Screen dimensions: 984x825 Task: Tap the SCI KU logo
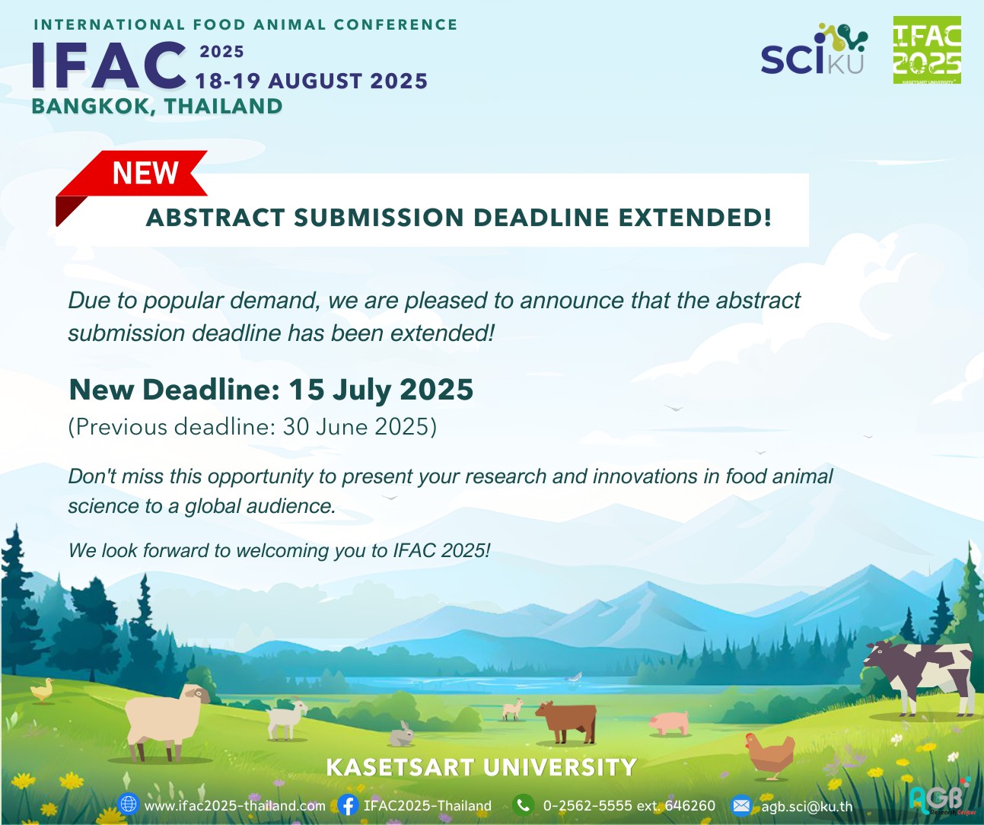(814, 49)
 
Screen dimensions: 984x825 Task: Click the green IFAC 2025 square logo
(927, 50)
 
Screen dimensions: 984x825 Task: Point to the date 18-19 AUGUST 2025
(311, 81)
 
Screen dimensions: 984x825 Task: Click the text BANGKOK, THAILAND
(157, 106)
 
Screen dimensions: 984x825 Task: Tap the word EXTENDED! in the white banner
(695, 218)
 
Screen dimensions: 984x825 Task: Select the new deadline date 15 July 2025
(381, 390)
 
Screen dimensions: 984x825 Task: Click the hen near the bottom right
(770, 755)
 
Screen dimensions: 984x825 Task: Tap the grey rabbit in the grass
(401, 734)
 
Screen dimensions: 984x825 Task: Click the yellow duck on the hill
(41, 690)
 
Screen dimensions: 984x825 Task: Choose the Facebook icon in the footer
(348, 805)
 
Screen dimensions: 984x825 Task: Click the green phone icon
(523, 805)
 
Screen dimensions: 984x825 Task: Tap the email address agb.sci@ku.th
(807, 806)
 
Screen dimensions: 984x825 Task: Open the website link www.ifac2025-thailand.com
(234, 806)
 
